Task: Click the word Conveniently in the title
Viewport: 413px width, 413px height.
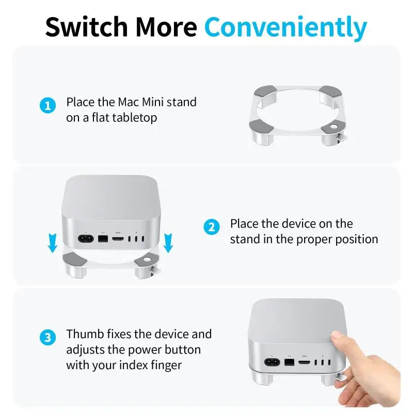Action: [286, 28]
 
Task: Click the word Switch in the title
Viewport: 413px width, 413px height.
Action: [86, 27]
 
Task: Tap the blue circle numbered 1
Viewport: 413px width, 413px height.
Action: [47, 106]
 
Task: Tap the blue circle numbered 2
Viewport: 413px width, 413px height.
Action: [212, 227]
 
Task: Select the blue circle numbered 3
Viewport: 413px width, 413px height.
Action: [47, 338]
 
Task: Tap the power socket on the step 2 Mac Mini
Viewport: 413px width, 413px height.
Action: [86, 239]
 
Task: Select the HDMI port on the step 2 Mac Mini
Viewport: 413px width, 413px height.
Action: [118, 239]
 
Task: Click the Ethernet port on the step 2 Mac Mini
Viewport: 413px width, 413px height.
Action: [103, 239]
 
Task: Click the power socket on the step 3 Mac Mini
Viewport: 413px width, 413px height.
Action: [273, 362]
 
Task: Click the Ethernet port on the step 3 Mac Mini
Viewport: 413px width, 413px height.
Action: [289, 362]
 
